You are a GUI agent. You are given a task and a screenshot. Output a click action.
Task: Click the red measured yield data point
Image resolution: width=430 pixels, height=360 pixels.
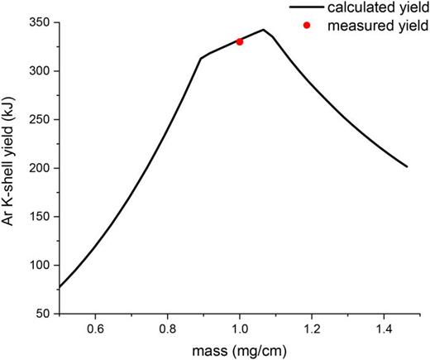[x=240, y=41]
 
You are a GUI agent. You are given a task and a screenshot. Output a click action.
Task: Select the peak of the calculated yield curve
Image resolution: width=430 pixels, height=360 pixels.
[x=263, y=30]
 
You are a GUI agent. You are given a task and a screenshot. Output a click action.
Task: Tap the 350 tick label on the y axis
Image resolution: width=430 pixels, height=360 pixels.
[x=39, y=22]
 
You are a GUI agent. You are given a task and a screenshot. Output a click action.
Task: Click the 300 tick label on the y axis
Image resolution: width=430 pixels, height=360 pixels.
[x=39, y=71]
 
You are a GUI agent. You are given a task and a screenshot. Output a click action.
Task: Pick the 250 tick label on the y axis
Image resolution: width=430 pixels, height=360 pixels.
[x=39, y=119]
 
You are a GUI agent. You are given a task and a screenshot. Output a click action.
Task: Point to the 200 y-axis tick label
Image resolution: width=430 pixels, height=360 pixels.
[x=39, y=168]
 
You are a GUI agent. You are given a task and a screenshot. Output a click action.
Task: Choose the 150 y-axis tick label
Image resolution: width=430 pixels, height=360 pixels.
[x=39, y=217]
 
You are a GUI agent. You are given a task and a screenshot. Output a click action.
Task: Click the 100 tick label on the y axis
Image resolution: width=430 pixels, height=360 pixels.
[x=39, y=265]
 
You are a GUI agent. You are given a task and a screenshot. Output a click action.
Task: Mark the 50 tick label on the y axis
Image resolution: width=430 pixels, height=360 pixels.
[x=42, y=314]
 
